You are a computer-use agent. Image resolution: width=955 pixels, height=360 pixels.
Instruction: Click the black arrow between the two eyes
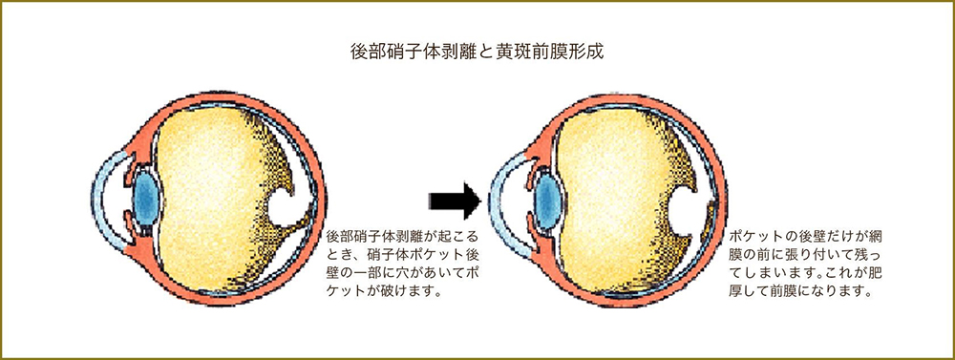coord(453,200)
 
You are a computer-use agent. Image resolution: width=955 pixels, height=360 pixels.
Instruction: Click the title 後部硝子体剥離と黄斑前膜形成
coord(477,50)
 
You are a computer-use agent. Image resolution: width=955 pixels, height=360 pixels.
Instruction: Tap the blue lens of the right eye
coord(547,195)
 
